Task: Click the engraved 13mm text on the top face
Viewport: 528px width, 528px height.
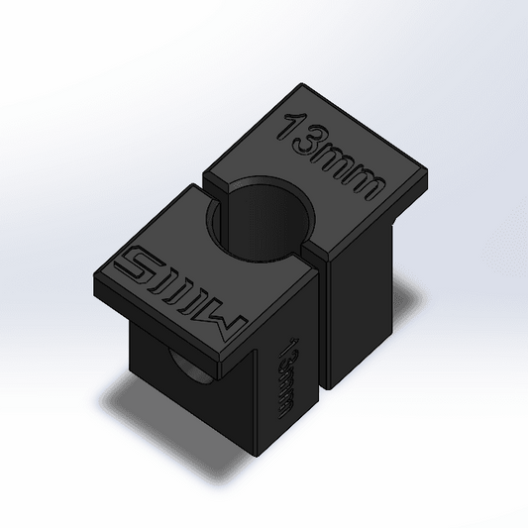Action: (330, 158)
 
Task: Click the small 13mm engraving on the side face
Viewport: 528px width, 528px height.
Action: (290, 381)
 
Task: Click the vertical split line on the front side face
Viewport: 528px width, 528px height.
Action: (322, 337)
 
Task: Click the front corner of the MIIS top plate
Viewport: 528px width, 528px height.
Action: (248, 361)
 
